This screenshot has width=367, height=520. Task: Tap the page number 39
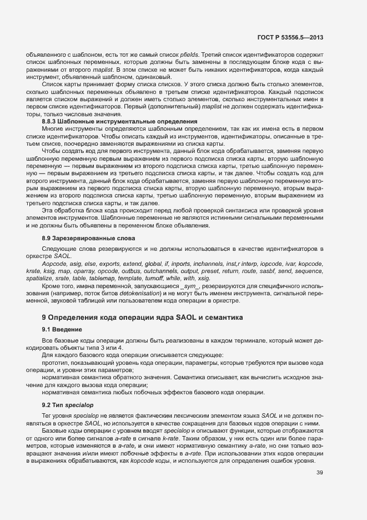[x=319, y=473]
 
